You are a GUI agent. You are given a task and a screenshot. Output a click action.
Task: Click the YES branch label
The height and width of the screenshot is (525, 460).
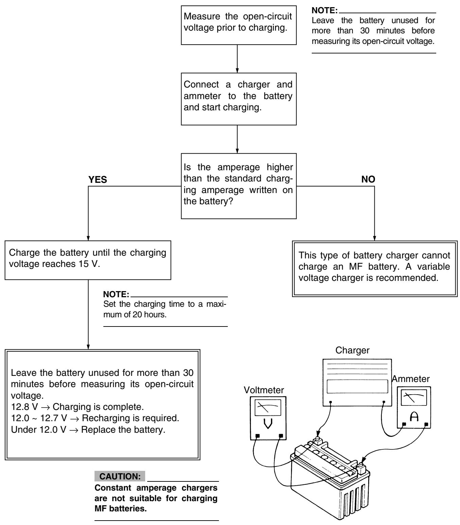click(98, 179)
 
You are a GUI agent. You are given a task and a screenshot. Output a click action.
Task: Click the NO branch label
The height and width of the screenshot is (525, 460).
click(368, 179)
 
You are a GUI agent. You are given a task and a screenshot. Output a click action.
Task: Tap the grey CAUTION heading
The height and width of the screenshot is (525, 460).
click(120, 476)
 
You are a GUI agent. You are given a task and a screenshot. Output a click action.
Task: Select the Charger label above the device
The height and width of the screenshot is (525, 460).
click(352, 350)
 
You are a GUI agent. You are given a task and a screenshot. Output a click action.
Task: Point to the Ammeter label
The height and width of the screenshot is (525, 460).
click(411, 379)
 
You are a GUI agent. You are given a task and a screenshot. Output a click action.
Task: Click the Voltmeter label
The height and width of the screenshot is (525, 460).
click(263, 390)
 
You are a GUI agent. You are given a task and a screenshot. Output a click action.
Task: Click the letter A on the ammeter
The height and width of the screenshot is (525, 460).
click(414, 417)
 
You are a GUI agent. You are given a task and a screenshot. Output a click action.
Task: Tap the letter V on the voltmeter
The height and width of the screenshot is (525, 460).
click(268, 424)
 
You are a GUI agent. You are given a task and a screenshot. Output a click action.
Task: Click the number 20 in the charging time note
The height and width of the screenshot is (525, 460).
click(137, 315)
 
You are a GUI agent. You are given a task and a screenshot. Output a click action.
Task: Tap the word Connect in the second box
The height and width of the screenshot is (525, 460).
click(201, 84)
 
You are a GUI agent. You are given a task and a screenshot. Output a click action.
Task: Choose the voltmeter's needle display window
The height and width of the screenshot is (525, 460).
click(268, 408)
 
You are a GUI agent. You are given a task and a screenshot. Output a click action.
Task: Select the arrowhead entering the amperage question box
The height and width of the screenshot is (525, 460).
click(237, 151)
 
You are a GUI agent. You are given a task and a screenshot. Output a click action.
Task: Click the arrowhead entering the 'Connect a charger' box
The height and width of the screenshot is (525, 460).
click(237, 70)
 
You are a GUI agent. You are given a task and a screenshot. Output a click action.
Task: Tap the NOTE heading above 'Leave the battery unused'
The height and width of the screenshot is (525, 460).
click(324, 10)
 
